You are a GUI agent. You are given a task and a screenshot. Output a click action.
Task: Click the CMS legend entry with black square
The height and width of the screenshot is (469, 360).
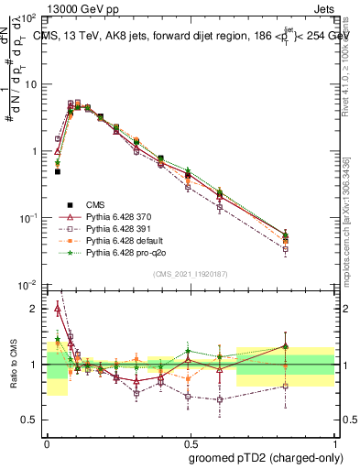point(96,202)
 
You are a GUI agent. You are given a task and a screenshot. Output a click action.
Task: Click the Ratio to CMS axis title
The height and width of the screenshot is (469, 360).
point(13,365)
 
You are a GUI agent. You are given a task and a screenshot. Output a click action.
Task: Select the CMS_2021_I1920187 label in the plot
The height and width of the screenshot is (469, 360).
point(191,274)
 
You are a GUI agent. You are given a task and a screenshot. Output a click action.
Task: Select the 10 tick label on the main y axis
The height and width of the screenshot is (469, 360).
point(33,84)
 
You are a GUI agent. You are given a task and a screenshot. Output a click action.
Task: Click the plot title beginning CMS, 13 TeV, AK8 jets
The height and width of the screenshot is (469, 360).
point(188,38)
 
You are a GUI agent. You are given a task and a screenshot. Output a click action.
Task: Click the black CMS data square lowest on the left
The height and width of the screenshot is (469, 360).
point(57,171)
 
